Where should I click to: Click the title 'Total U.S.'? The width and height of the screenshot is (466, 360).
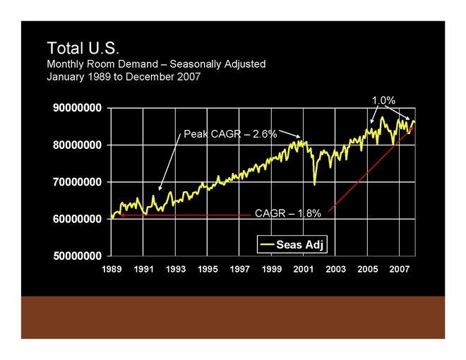(84, 48)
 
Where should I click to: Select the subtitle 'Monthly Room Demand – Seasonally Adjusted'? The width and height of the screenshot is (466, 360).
(156, 64)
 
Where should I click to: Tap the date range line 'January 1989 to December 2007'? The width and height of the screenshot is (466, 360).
(124, 77)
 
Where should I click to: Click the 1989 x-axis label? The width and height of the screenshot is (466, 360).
(112, 269)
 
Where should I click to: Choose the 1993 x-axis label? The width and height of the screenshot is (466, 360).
(176, 269)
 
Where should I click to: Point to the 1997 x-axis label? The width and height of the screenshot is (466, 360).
(240, 269)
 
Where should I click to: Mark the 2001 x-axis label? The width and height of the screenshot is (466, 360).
(304, 269)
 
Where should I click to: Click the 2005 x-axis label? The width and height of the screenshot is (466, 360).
(368, 269)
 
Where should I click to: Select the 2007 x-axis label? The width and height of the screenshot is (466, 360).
(400, 269)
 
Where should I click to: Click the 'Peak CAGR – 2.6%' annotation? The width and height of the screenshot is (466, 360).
(230, 133)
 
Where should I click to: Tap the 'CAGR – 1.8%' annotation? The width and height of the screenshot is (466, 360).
(288, 212)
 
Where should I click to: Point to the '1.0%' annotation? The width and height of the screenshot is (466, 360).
(383, 101)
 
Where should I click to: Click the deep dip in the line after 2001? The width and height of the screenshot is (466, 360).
(314, 184)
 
